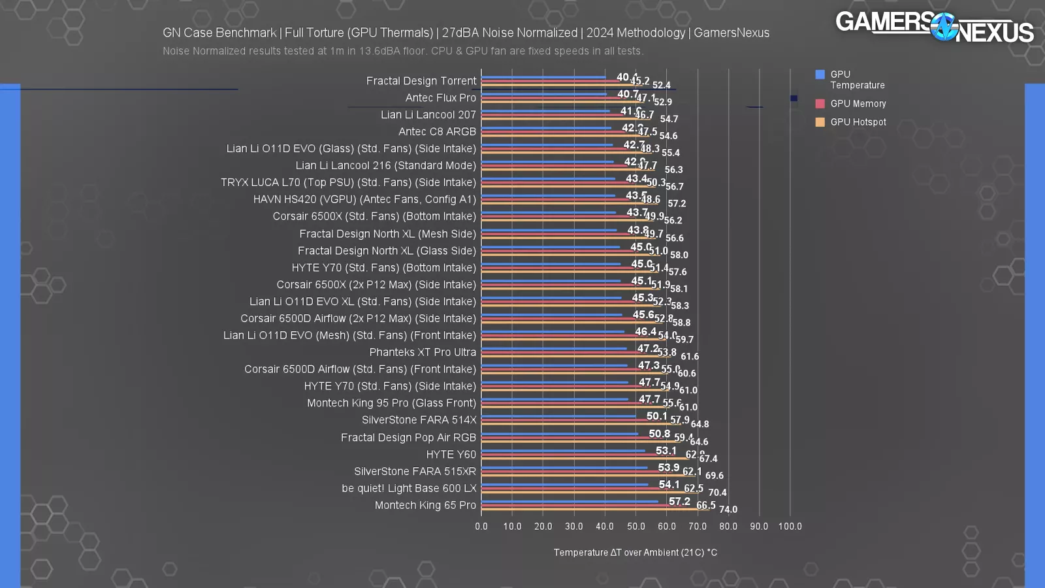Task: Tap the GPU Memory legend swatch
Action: [820, 103]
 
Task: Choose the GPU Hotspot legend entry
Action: [858, 122]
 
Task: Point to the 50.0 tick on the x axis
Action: [635, 527]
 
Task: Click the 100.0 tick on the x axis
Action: [790, 527]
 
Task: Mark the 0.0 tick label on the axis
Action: [481, 527]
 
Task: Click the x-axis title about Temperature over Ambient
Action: [635, 553]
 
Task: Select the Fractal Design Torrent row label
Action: [421, 81]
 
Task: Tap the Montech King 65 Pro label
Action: [425, 506]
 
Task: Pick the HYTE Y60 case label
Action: [451, 455]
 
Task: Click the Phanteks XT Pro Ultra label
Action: [423, 352]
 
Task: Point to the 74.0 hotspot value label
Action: [728, 510]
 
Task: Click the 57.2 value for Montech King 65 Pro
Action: [679, 502]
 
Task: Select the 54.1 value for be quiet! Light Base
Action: [669, 485]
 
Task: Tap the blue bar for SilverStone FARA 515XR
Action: [564, 468]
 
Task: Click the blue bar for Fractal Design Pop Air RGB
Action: [560, 434]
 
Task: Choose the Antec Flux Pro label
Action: [440, 98]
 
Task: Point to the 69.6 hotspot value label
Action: [715, 476]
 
